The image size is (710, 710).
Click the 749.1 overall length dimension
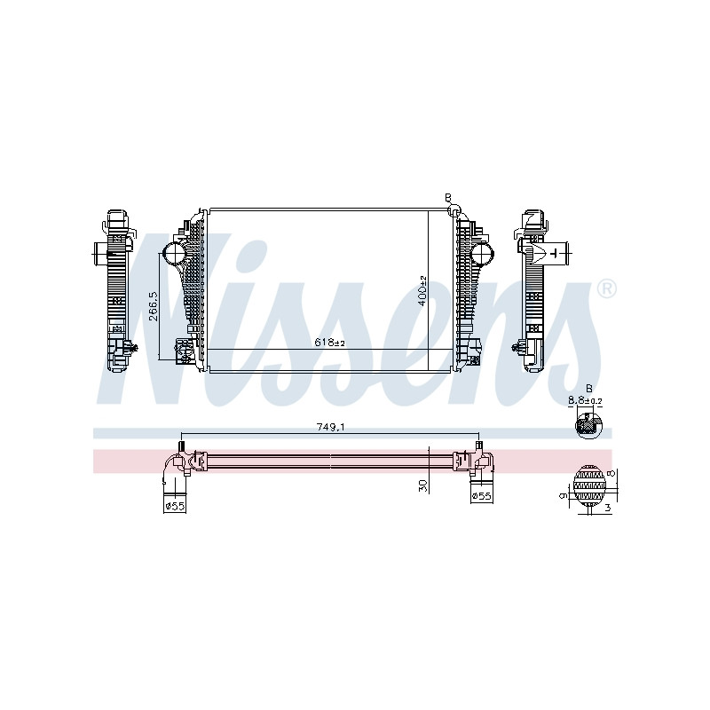pyautogui.click(x=329, y=427)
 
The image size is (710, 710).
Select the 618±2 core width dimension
pyautogui.click(x=329, y=343)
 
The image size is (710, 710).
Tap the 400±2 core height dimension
pyautogui.click(x=422, y=291)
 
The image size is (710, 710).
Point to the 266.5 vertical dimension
pyautogui.click(x=154, y=306)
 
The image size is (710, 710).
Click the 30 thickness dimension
pyautogui.click(x=423, y=485)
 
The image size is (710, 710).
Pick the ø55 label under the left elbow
pyautogui.click(x=175, y=506)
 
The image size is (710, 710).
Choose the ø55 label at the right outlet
pyautogui.click(x=481, y=496)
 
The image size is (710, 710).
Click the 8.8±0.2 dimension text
pyautogui.click(x=585, y=401)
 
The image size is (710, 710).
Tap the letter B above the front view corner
pyautogui.click(x=448, y=198)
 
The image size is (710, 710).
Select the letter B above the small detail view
pyautogui.click(x=589, y=389)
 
